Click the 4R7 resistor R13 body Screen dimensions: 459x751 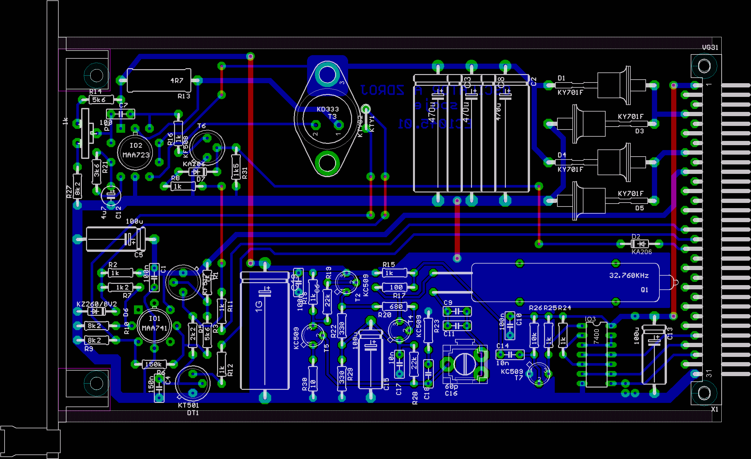pyautogui.click(x=159, y=80)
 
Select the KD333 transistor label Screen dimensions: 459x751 pyautogui.click(x=328, y=109)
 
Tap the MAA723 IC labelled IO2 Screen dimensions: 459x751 pyautogui.click(x=135, y=150)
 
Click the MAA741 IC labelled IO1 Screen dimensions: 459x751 pyautogui.click(x=154, y=324)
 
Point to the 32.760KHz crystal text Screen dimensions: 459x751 pyautogui.click(x=629, y=275)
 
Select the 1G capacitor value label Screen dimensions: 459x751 pyautogui.click(x=258, y=306)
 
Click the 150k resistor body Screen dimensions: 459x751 pyautogui.click(x=154, y=364)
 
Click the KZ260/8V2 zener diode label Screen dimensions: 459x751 pyautogui.click(x=96, y=304)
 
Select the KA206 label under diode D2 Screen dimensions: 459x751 pyautogui.click(x=641, y=252)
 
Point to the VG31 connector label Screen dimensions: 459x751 pyautogui.click(x=710, y=47)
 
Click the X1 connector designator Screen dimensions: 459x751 pyautogui.click(x=714, y=409)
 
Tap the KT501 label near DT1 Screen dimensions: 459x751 pyautogui.click(x=188, y=405)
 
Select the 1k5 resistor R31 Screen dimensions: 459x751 pyautogui.click(x=236, y=167)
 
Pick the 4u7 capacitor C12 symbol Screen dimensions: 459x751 pyautogui.click(x=111, y=195)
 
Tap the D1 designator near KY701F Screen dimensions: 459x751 pyautogui.click(x=561, y=78)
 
